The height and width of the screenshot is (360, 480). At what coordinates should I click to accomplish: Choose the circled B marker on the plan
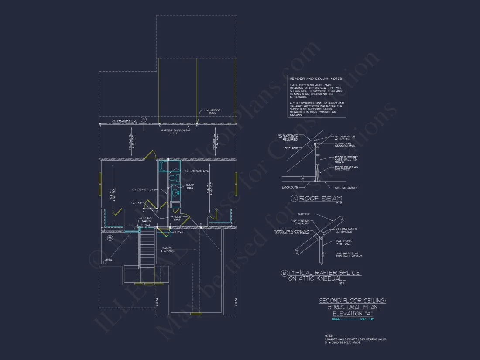[110, 238]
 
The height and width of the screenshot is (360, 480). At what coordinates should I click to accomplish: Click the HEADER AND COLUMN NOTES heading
[316, 79]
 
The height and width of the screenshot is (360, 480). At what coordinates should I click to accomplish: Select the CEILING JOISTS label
[347, 188]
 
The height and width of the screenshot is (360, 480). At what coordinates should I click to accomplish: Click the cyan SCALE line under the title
[352, 319]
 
